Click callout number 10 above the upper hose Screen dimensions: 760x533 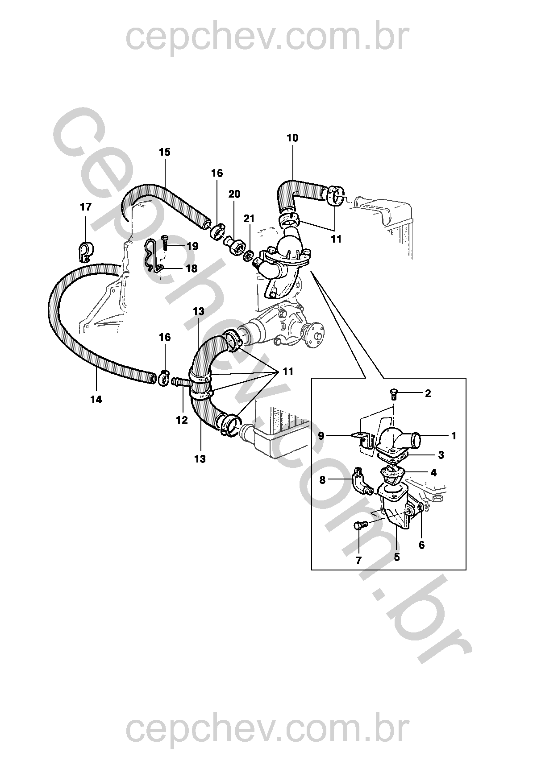[x=292, y=138]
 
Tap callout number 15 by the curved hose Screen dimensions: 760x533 [x=165, y=152]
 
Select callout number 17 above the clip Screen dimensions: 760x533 [x=86, y=207]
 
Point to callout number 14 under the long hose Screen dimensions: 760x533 [x=96, y=400]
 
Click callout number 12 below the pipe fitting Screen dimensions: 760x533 [x=182, y=420]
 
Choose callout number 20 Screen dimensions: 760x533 [x=234, y=194]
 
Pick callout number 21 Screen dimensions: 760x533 [x=249, y=219]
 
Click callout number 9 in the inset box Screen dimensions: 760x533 [x=321, y=436]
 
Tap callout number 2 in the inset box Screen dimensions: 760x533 [x=428, y=393]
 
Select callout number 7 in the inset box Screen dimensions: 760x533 [x=358, y=561]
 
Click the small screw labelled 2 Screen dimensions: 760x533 [x=393, y=393]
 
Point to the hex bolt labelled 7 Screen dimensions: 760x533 [x=360, y=526]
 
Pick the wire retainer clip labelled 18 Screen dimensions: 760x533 [x=153, y=259]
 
